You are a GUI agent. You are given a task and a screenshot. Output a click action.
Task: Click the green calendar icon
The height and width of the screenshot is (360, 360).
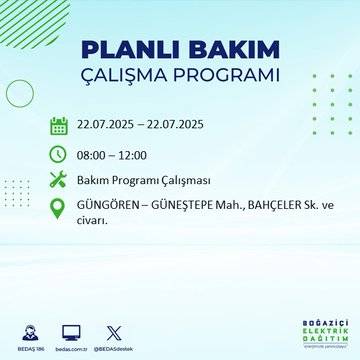point(58,126)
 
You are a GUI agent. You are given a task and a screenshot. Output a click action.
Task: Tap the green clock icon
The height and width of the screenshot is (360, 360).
point(58,153)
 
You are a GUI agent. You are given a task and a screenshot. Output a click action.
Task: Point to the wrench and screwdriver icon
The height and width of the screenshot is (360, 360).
point(58,180)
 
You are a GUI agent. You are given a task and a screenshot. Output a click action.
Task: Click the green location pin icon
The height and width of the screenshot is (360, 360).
point(58,208)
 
